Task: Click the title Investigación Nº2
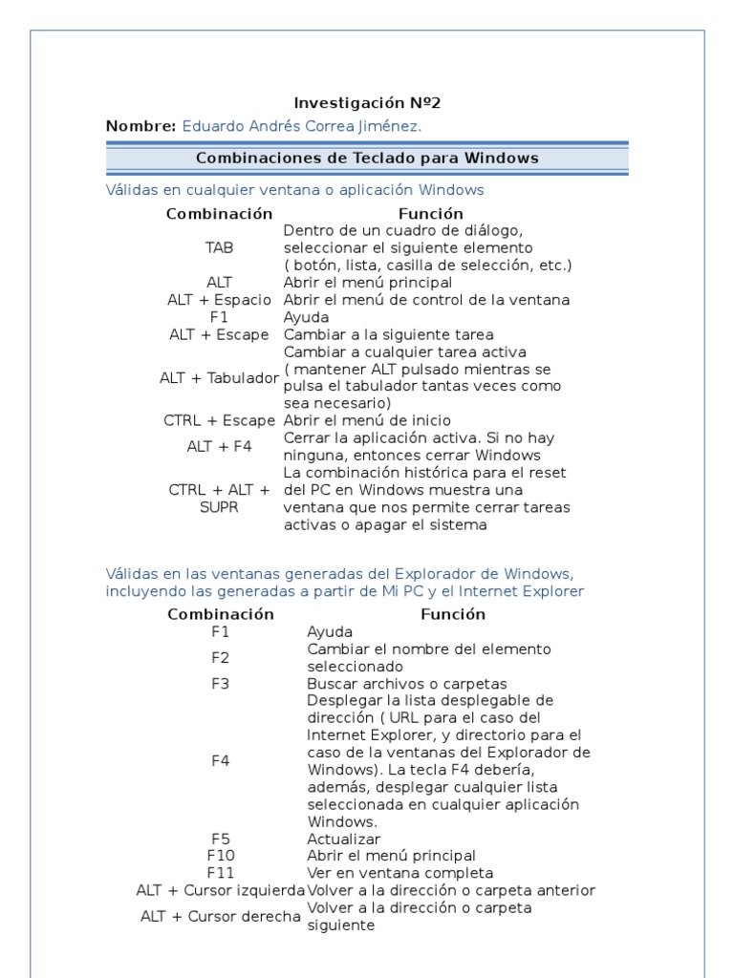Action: point(367,103)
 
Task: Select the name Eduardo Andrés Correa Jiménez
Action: point(301,126)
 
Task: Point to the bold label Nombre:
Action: point(140,126)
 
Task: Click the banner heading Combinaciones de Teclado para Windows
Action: point(367,158)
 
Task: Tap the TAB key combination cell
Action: point(219,247)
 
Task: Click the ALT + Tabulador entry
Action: point(219,378)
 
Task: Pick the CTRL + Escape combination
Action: point(219,420)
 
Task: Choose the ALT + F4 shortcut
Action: point(219,446)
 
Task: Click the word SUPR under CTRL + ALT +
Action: point(219,507)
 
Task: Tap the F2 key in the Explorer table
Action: point(220,657)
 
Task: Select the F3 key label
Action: point(220,684)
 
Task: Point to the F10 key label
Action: point(220,856)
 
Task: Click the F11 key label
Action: point(220,873)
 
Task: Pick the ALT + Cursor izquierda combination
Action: point(220,890)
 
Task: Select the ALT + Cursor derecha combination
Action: point(220,916)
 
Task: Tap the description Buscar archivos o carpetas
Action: point(406,684)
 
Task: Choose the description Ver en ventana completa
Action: point(399,873)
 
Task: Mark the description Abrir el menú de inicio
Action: point(367,420)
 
